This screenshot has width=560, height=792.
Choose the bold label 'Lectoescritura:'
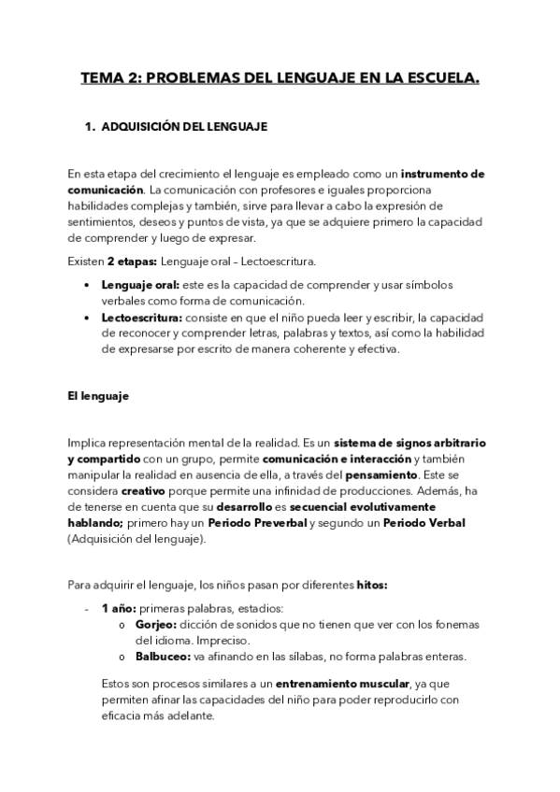click(x=144, y=318)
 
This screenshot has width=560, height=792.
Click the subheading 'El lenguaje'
click(x=97, y=396)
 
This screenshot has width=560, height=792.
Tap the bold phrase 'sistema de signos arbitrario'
click(x=409, y=442)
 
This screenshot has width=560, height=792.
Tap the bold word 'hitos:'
click(x=371, y=586)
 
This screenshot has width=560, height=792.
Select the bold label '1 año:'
click(x=119, y=608)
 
